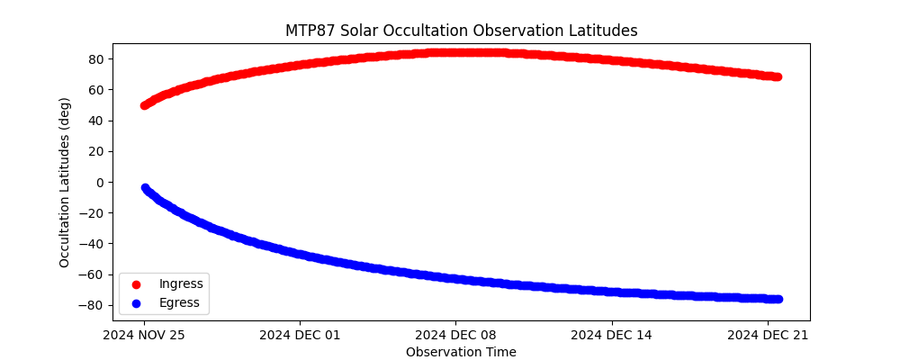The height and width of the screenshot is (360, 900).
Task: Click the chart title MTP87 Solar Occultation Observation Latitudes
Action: click(x=461, y=31)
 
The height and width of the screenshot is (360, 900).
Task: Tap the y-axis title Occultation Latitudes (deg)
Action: click(x=65, y=182)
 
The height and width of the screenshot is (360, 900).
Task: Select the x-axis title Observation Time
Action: click(x=461, y=352)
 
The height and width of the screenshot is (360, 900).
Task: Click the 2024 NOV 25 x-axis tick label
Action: click(x=144, y=336)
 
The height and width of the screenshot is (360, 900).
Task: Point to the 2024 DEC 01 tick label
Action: click(x=301, y=336)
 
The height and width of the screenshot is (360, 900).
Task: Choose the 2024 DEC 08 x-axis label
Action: click(x=455, y=336)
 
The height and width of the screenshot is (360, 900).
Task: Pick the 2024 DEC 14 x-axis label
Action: click(x=612, y=336)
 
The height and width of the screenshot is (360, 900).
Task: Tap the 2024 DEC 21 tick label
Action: click(x=768, y=336)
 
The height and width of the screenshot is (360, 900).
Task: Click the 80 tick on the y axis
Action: click(x=95, y=59)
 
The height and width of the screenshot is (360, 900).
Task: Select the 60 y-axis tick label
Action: click(x=95, y=90)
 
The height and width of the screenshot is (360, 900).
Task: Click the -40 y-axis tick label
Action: click(x=92, y=244)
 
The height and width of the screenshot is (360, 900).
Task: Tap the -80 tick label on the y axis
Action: click(x=92, y=305)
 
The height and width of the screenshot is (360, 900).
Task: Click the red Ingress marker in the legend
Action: click(x=136, y=284)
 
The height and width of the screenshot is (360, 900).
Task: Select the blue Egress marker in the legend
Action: click(x=136, y=303)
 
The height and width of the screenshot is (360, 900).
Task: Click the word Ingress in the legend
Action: click(x=181, y=284)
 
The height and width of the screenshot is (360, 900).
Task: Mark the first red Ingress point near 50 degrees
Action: click(x=144, y=105)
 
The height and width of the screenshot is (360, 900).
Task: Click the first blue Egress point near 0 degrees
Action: click(x=144, y=188)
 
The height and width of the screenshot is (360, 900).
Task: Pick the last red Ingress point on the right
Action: click(x=777, y=76)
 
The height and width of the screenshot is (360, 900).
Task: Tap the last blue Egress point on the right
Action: click(x=777, y=299)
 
